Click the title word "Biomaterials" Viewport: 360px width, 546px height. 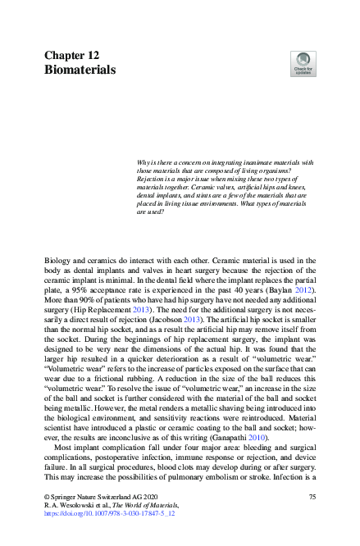pos(80,71)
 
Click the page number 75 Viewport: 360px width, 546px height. pos(312,498)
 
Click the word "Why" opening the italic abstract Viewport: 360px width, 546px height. pos(144,162)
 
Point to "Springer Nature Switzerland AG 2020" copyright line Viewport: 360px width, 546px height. pos(98,498)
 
